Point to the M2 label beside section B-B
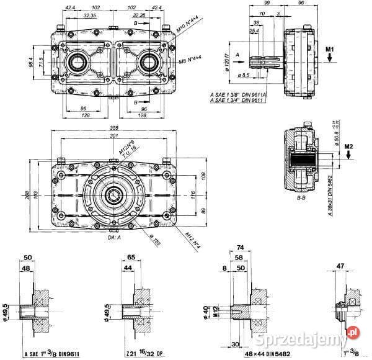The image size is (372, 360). pyautogui.click(x=348, y=146)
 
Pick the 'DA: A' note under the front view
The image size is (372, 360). pyautogui.click(x=113, y=236)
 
